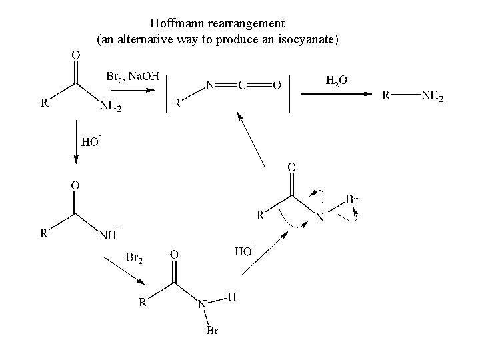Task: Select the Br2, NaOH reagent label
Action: (133, 77)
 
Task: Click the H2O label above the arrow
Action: (336, 81)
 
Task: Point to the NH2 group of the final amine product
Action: (432, 97)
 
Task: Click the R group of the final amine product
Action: (386, 96)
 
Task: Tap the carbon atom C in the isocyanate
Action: (242, 85)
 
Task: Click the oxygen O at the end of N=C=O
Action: (277, 85)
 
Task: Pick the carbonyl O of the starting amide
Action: (75, 55)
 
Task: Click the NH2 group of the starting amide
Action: (111, 105)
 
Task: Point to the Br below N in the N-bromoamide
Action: (211, 331)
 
